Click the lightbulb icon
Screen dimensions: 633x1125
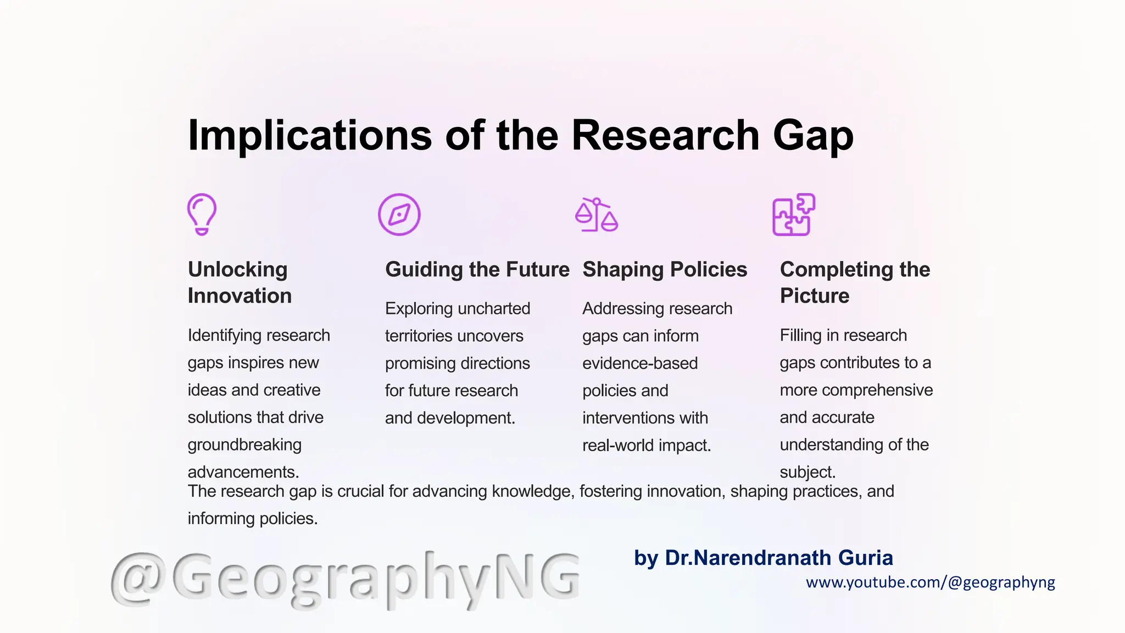[x=202, y=214]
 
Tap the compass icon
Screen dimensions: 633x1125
[x=399, y=214]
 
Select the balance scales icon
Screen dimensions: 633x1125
[x=597, y=215]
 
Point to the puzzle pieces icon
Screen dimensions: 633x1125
[x=794, y=214]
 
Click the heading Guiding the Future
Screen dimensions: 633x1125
[x=477, y=269]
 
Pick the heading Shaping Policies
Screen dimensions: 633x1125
[x=665, y=269]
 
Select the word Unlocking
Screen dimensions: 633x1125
[x=237, y=269]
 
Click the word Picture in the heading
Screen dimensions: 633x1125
[x=815, y=296]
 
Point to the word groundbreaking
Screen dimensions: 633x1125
[x=244, y=445]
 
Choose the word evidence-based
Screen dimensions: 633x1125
[x=640, y=363]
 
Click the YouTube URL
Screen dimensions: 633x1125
[x=931, y=582]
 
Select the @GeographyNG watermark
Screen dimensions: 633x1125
[x=345, y=579]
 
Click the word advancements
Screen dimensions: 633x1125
[x=243, y=472]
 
